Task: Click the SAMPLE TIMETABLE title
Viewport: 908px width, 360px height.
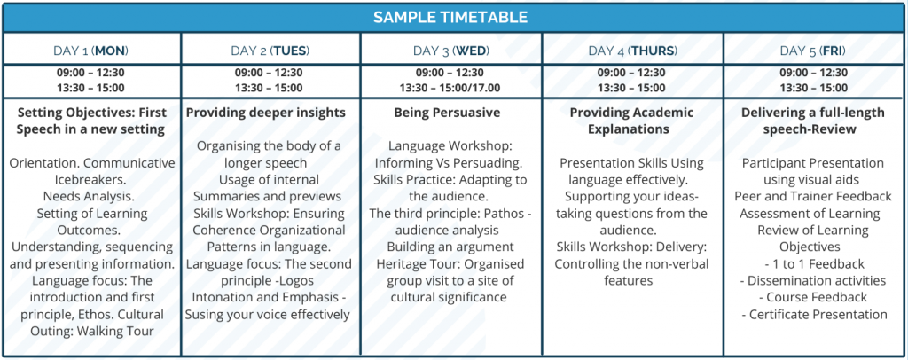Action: point(450,17)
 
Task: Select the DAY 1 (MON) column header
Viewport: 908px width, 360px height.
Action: point(91,51)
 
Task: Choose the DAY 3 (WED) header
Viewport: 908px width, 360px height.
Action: point(451,51)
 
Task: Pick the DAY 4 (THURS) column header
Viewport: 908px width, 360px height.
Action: point(632,51)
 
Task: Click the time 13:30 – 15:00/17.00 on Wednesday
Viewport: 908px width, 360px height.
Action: point(450,88)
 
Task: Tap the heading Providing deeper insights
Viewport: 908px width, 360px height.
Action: point(266,113)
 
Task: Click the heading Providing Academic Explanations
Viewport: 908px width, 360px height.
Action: point(631,121)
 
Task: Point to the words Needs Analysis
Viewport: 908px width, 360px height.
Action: point(91,196)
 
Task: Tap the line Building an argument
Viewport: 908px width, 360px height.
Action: point(450,247)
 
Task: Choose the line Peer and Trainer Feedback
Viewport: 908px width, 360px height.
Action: point(813,196)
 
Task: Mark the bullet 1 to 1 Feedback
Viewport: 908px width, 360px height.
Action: point(814,264)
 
